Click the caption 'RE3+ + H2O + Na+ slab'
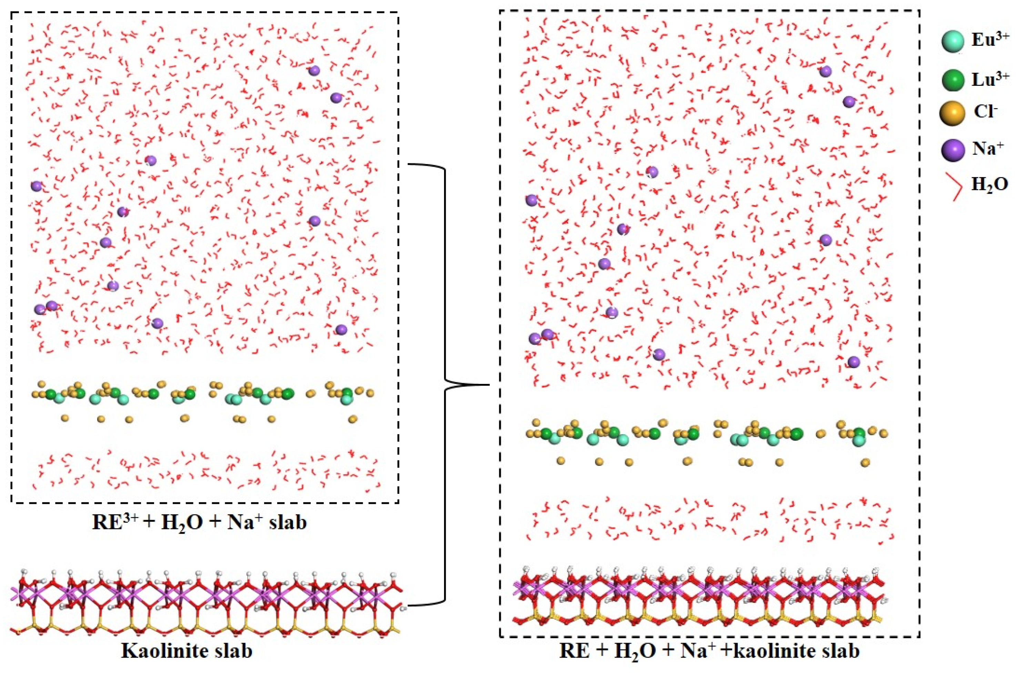[x=200, y=523]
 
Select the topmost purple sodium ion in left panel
[x=314, y=70]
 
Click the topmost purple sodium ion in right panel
[x=825, y=71]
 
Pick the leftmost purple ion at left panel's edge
[x=37, y=186]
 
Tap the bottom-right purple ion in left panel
[x=341, y=330]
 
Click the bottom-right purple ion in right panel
[x=854, y=362]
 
